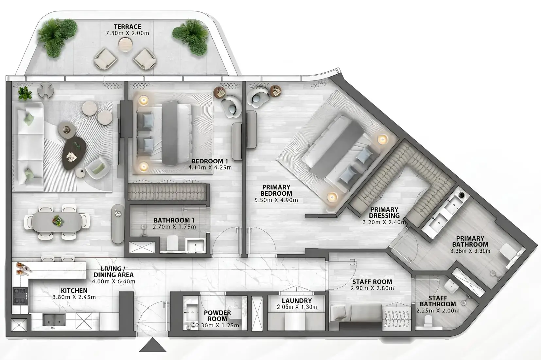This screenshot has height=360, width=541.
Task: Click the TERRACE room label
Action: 127,27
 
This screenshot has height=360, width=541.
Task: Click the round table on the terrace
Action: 125,43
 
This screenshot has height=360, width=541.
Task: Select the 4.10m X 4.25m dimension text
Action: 210,168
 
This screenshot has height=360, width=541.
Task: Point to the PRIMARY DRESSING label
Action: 384,212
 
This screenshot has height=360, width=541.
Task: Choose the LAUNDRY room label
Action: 297,301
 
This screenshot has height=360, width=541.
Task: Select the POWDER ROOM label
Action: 217,316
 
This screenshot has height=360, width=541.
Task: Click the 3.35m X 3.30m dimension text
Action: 470,251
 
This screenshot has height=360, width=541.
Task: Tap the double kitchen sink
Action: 54,319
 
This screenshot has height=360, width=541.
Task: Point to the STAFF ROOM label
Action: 372,282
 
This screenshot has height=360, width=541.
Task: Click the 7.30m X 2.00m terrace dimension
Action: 127,33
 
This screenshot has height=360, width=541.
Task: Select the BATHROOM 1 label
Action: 171,220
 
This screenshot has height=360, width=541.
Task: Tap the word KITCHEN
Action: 74,291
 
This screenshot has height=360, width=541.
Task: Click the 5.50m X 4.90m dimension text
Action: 276,200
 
